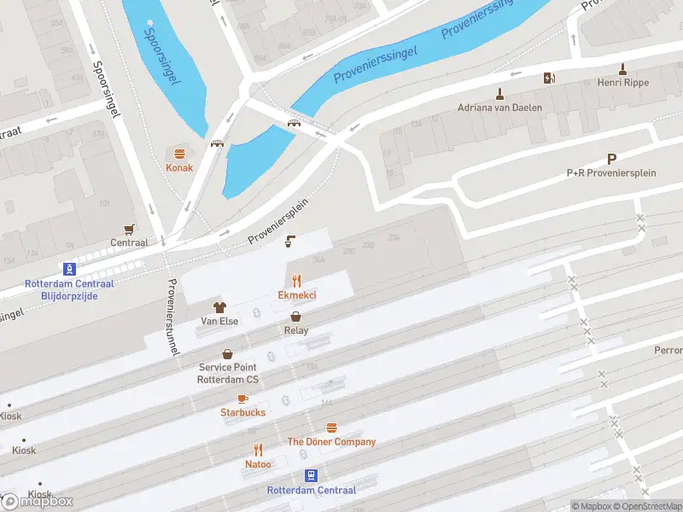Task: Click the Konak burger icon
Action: (x=179, y=154)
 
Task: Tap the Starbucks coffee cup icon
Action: (x=242, y=399)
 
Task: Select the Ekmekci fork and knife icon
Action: (x=297, y=280)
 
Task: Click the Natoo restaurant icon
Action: (x=258, y=450)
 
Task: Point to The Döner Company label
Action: (x=331, y=442)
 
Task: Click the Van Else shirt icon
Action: (x=219, y=306)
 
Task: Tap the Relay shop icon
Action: (x=296, y=316)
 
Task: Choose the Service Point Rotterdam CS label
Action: (x=228, y=374)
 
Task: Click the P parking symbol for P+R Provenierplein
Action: (x=611, y=159)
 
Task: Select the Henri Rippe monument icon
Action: (x=624, y=68)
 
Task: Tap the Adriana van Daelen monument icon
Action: (x=499, y=93)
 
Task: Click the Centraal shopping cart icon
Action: (x=129, y=229)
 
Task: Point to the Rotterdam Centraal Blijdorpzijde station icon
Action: (x=70, y=268)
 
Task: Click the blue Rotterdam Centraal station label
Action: (x=311, y=490)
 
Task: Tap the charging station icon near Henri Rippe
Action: (x=549, y=79)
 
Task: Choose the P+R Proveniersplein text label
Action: (x=611, y=173)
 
